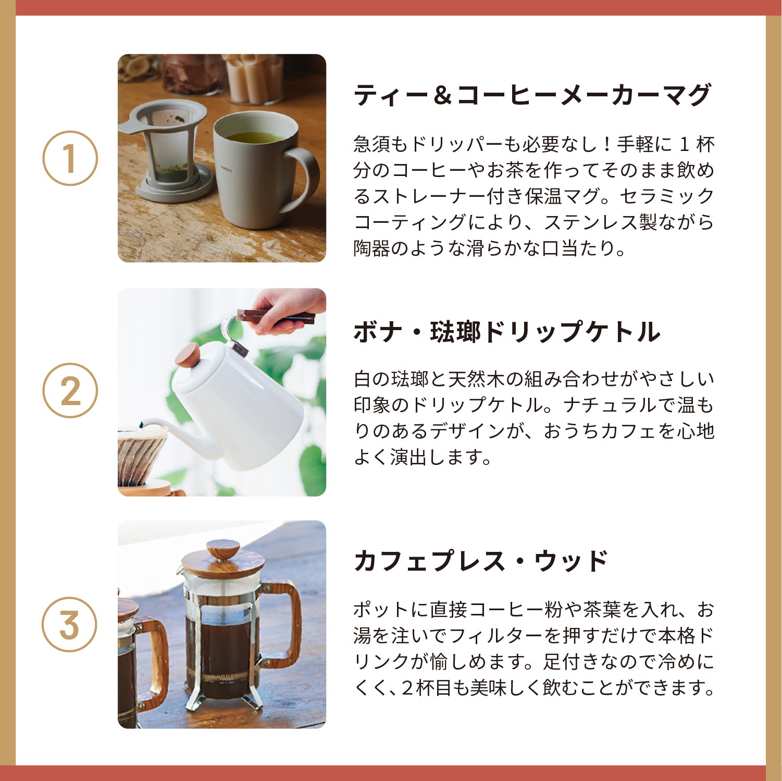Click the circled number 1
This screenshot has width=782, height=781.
(x=70, y=158)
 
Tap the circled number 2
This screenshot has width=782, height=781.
(x=70, y=391)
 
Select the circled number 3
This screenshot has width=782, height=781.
(x=70, y=624)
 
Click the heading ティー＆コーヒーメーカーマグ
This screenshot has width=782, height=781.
(x=532, y=96)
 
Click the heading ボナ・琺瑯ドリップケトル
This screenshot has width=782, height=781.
(x=506, y=332)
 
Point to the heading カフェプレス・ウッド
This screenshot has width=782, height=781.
(x=481, y=561)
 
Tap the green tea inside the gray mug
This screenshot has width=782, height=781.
(x=254, y=137)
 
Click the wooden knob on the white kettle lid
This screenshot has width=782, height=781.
(x=187, y=356)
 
